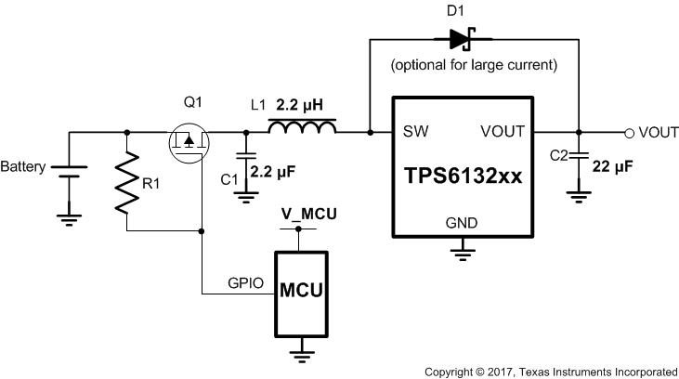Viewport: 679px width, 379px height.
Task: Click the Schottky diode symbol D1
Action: coord(461,38)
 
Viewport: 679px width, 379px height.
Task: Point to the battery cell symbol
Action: coord(68,173)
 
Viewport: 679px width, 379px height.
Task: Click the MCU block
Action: coord(301,292)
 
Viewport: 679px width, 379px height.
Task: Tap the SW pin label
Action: coord(416,132)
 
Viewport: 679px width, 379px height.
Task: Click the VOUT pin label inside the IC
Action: coord(503,132)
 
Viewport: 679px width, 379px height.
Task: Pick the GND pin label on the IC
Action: coord(461,223)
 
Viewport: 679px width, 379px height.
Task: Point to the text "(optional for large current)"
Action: coord(462,66)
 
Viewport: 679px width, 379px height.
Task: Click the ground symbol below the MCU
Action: coord(301,354)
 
